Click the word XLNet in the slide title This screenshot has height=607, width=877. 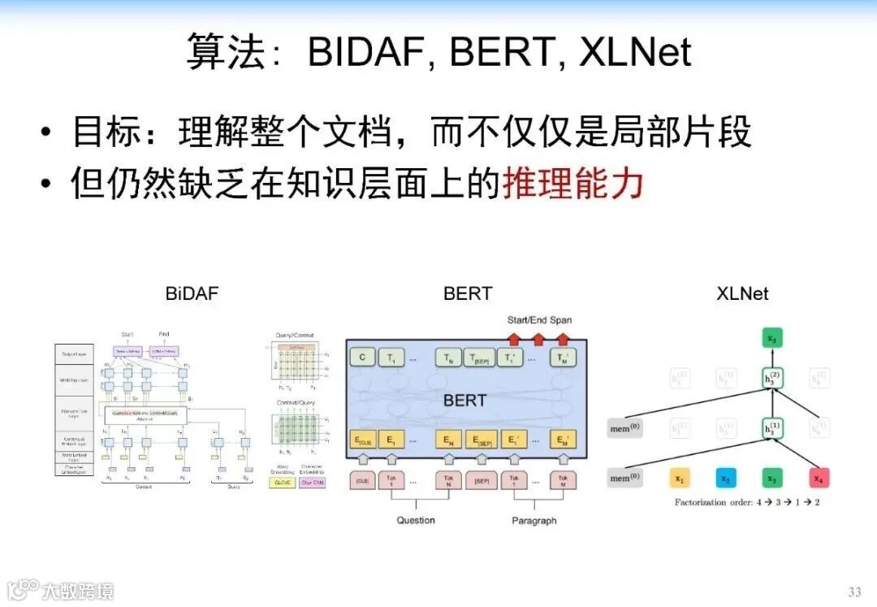tap(635, 52)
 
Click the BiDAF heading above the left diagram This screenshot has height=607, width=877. tap(192, 293)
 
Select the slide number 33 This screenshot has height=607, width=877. tap(854, 591)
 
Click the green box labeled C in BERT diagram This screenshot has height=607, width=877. tap(361, 357)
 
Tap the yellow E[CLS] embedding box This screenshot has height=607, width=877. tap(361, 440)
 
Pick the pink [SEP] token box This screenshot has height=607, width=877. tap(481, 481)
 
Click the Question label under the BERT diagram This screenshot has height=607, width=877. tap(416, 520)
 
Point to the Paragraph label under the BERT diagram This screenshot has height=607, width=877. tap(534, 520)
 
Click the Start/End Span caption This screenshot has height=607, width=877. tap(539, 319)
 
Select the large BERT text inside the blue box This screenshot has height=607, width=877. tap(464, 400)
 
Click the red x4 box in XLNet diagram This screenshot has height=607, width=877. tap(818, 478)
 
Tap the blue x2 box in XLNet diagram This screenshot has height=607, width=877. tap(725, 478)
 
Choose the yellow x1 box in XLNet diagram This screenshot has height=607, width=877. tap(680, 478)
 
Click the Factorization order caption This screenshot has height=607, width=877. tap(747, 502)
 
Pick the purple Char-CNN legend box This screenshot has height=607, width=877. tap(313, 482)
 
